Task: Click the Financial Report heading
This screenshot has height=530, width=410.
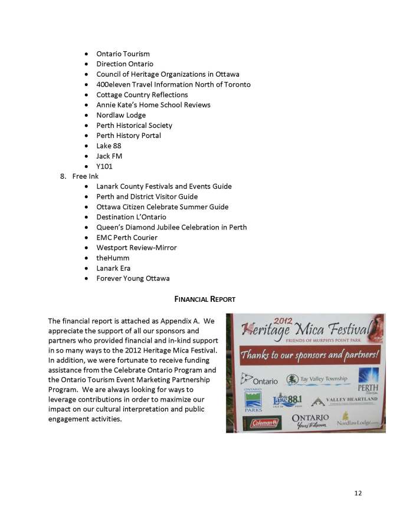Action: point(205,299)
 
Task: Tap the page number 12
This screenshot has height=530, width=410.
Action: point(358,493)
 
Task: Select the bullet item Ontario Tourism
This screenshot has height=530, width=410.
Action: point(123,54)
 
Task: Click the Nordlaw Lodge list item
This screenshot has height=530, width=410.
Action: point(121,115)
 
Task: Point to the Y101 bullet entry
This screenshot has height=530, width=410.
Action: point(104,166)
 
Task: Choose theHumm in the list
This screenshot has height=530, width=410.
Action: point(113,258)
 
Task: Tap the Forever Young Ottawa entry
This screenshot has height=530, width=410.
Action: point(133,278)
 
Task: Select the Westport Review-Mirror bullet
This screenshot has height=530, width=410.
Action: point(136,248)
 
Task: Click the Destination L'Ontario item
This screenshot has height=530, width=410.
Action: point(131,217)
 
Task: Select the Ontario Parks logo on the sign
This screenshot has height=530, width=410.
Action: point(254,401)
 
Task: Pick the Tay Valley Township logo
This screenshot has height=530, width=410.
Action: point(317,379)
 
